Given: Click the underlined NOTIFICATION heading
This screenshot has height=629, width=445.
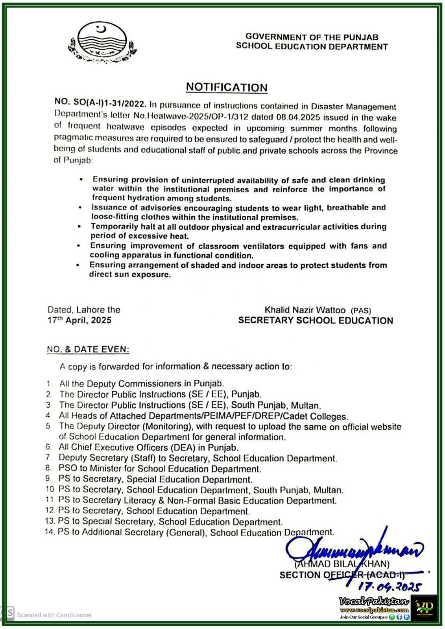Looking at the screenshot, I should point(227,87).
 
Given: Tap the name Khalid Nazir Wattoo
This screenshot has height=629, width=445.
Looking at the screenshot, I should point(305,310).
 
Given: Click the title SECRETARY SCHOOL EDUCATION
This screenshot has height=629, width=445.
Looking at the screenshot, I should point(316,321).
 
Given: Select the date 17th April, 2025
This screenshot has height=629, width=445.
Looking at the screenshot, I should point(79,320).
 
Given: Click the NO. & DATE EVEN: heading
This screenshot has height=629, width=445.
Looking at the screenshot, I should point(88,349).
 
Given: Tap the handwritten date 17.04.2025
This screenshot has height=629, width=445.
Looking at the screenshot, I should point(390,587).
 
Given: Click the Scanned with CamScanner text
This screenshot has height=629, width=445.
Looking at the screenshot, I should point(54,615).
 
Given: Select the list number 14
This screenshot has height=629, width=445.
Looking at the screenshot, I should point(49,532).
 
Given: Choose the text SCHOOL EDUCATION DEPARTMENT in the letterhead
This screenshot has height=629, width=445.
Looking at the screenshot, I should point(312,47).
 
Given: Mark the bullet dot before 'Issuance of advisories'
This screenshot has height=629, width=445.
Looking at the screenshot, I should point(80,208).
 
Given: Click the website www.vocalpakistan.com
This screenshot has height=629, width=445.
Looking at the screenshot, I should point(374,610).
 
